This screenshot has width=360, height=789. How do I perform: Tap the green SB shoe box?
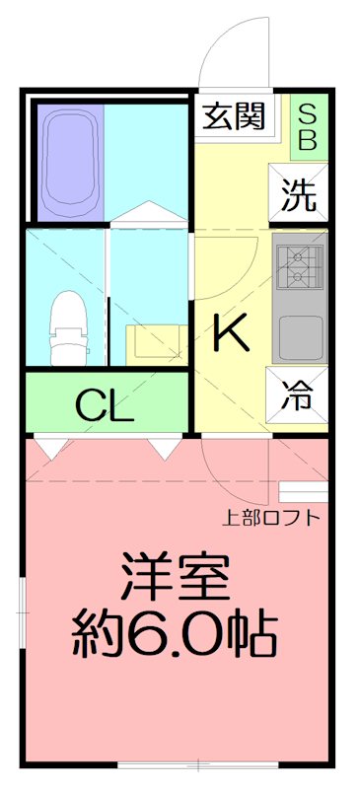tap(306, 125)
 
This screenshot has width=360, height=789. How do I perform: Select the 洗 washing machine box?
tap(297, 195)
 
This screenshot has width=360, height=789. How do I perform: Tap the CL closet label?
tap(104, 405)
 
